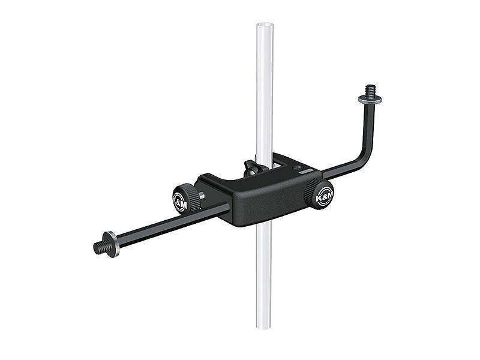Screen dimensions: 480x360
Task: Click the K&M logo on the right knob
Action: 324,197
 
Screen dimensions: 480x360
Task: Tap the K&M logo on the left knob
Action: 181,202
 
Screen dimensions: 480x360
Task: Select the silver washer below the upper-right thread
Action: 370,98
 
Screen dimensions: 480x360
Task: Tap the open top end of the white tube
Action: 265,25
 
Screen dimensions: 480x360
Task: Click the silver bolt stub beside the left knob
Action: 202,196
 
